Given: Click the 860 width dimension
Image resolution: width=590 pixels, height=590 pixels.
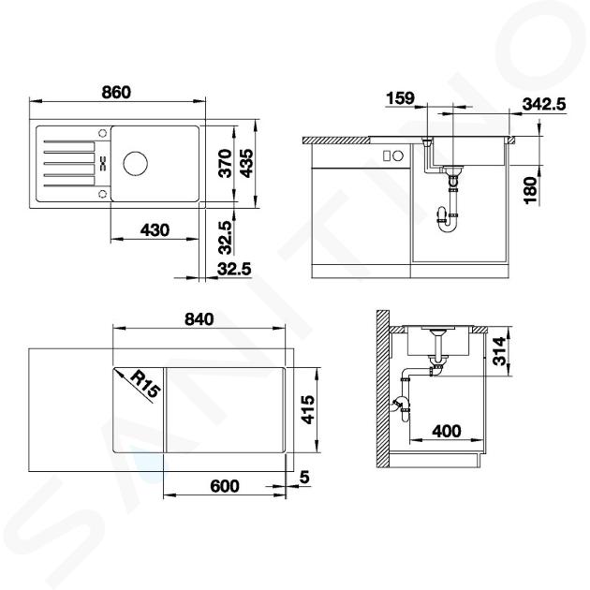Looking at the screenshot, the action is coord(116,92).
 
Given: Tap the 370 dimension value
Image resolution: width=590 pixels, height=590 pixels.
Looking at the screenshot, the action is coord(226,163).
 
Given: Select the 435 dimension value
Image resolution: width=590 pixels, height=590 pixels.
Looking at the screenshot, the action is coord(247,163).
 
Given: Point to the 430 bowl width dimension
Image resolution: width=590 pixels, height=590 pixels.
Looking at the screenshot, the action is coord(155,229).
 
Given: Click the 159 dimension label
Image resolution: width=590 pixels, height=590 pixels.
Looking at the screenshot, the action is coord(400,98).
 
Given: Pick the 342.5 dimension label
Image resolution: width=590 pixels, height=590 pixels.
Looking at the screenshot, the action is coord(544,104).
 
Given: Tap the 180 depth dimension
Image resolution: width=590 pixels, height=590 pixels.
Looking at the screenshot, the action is coord(531,190).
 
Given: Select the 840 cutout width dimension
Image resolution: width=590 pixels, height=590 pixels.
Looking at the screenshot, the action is coord(199,319).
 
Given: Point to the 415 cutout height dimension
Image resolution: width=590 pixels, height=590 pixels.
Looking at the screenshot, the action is coord(308,409).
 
